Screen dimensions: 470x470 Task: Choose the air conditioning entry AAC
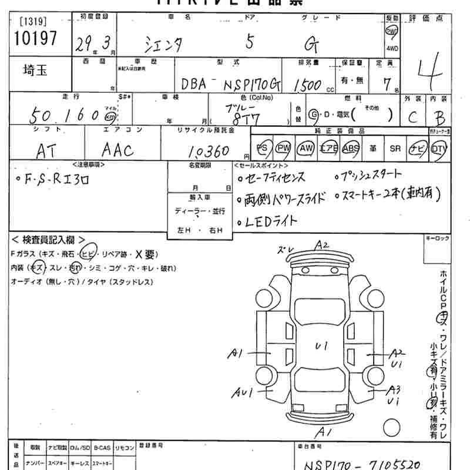117,150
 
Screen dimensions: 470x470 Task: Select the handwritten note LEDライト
268,221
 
